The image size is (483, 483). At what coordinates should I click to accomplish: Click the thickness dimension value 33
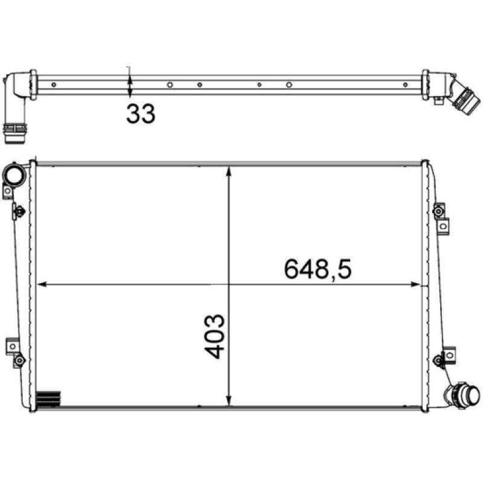coord(140,114)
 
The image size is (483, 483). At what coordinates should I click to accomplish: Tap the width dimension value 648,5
coord(318,269)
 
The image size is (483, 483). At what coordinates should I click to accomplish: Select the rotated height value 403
coord(215,336)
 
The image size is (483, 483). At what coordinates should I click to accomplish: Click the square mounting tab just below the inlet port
coord(7,192)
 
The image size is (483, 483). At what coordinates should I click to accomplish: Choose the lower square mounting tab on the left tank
coord(12,347)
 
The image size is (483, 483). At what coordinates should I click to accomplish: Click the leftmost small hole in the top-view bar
coord(54,85)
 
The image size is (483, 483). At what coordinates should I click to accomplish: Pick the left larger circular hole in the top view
coord(170,85)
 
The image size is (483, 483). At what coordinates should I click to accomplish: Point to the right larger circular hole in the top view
coord(289,85)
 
